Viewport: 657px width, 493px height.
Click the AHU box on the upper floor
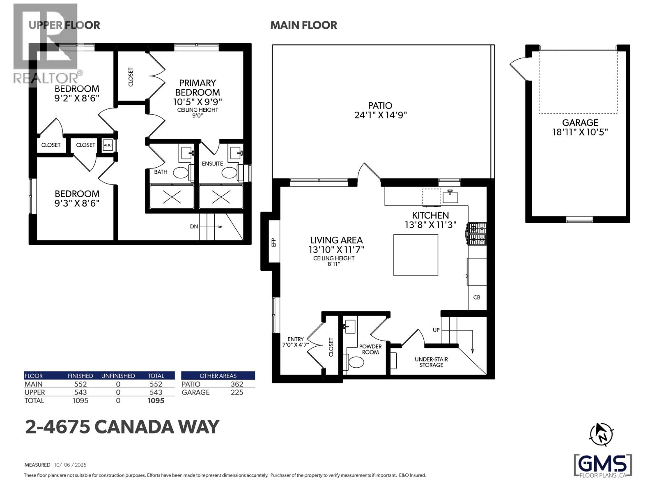(x=108, y=145)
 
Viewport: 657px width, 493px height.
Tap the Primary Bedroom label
(x=198, y=88)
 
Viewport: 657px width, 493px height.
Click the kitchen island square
(x=416, y=255)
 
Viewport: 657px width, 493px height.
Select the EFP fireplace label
(x=274, y=242)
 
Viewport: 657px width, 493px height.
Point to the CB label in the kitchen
(x=477, y=297)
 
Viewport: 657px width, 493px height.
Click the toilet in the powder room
(x=356, y=362)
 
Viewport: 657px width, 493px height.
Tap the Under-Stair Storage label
(x=431, y=362)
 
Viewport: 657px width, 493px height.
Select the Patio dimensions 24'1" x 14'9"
(x=380, y=115)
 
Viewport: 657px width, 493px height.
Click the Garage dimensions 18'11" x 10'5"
(x=580, y=132)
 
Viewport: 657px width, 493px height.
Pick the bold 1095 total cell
(x=156, y=401)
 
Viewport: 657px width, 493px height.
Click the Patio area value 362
(x=237, y=384)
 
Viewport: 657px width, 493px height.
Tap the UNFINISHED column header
(x=118, y=376)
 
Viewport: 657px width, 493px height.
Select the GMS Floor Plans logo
(x=602, y=466)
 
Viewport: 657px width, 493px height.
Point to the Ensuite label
(x=212, y=164)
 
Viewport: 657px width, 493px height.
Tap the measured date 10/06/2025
(x=70, y=465)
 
